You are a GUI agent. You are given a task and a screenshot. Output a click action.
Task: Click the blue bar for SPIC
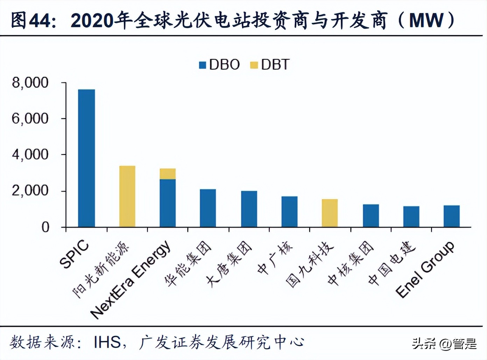coord(86,158)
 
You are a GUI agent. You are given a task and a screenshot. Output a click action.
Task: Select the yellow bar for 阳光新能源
coord(127,196)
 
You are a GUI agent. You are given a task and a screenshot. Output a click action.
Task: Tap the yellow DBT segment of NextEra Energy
coord(168,174)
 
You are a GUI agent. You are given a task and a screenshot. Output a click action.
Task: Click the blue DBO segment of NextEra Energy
coord(168,203)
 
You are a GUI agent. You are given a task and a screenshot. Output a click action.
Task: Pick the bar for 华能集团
coord(208,208)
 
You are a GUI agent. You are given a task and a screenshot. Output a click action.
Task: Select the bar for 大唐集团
coord(249,209)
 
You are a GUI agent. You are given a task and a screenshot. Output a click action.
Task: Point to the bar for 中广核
coord(289,212)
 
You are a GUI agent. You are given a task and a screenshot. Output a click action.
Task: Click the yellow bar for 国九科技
coord(330,213)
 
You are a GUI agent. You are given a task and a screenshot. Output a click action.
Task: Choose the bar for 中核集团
coord(370,216)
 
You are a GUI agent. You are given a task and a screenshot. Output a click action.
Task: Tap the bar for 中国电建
coord(411,217)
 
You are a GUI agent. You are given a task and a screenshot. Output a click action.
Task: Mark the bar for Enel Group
coord(451,216)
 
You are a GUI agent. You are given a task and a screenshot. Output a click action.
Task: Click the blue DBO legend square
coord(202,65)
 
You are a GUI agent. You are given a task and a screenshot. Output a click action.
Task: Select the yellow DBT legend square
coord(254,65)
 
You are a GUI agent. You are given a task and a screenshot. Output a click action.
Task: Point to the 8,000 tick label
coord(30,83)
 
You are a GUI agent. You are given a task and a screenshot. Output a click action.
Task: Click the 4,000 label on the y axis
coord(30,155)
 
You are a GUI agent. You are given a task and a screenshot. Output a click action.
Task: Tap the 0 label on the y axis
coord(45,227)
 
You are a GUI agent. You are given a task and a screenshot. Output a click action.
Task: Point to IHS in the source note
coord(107,342)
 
